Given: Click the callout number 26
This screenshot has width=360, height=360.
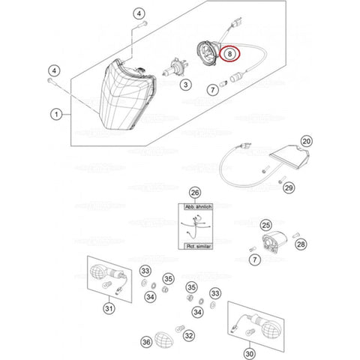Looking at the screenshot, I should click(x=194, y=192).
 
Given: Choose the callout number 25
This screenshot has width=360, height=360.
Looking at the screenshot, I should click(x=265, y=224).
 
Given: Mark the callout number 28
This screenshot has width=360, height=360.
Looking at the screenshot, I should click(x=301, y=244).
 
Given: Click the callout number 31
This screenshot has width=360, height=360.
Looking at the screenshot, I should click(x=110, y=307).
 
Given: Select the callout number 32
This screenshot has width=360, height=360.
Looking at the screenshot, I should click(x=189, y=335).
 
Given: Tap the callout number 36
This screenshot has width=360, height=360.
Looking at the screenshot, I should click(x=146, y=342).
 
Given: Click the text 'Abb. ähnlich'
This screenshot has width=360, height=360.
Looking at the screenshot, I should click(x=194, y=208).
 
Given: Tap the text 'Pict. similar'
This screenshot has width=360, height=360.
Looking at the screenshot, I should click(x=194, y=245).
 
